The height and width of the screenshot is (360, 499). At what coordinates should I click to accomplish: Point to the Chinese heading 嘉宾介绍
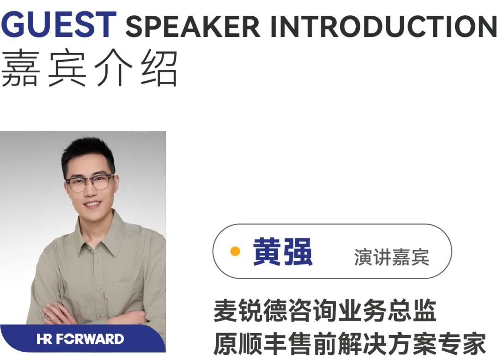coord(90,69)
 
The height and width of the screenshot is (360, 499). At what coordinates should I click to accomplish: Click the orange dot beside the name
coord(235,251)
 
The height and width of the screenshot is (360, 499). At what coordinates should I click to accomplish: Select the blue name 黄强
coord(283,252)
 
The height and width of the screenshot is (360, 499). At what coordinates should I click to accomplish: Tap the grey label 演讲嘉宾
coord(391,257)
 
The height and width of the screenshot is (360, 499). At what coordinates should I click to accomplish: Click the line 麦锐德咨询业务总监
coord(325,311)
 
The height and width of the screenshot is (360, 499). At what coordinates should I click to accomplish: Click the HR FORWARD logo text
coord(80,339)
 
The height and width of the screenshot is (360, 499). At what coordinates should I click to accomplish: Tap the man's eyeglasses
coord(90,183)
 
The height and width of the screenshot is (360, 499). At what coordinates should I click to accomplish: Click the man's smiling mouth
coord(92,204)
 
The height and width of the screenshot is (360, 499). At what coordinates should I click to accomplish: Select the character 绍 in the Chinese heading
coord(159,69)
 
